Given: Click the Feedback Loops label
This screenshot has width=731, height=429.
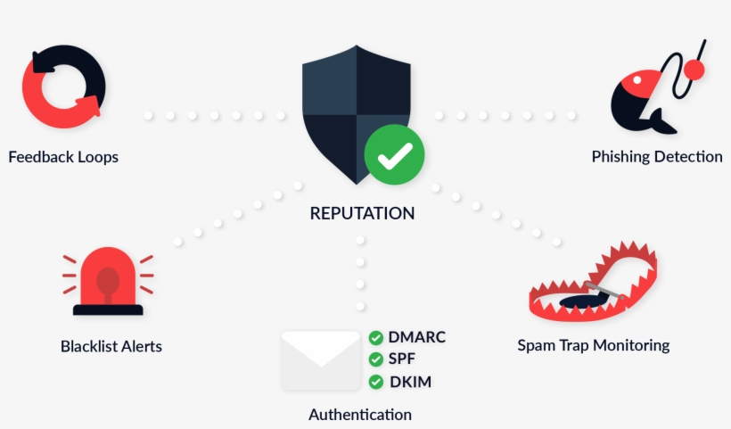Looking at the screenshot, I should coord(63,157).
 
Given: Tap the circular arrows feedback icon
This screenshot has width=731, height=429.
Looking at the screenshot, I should coord(63,87).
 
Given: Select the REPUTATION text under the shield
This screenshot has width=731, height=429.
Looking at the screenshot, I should coord(362,214).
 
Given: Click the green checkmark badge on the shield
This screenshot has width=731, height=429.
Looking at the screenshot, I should coord(394,155).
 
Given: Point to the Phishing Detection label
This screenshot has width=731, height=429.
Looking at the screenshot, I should coord(657,157).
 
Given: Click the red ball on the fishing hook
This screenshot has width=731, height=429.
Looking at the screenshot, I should coord(694,70).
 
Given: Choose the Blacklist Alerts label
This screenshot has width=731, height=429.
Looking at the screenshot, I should coord(111,346).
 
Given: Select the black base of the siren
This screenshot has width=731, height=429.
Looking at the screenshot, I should coord(108,309).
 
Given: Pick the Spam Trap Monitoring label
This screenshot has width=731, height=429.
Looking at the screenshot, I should coord(593,345).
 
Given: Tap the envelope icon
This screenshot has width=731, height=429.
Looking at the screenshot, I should coord(320,359).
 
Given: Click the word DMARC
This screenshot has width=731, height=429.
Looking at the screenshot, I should coord(416,337).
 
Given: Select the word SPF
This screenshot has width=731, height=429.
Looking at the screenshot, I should coord(402,359).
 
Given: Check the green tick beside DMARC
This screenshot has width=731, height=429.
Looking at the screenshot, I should coord(376,338).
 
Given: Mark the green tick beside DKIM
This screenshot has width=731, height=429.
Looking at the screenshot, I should coord(376,382).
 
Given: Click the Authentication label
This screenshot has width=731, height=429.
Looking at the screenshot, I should coord(360,415).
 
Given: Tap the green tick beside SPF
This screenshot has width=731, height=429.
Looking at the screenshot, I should coord(376,359).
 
